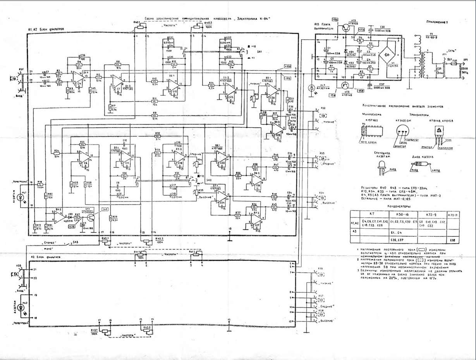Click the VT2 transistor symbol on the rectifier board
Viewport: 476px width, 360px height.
pos(346,28)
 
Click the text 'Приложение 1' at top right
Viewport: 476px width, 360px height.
pos(436,22)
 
